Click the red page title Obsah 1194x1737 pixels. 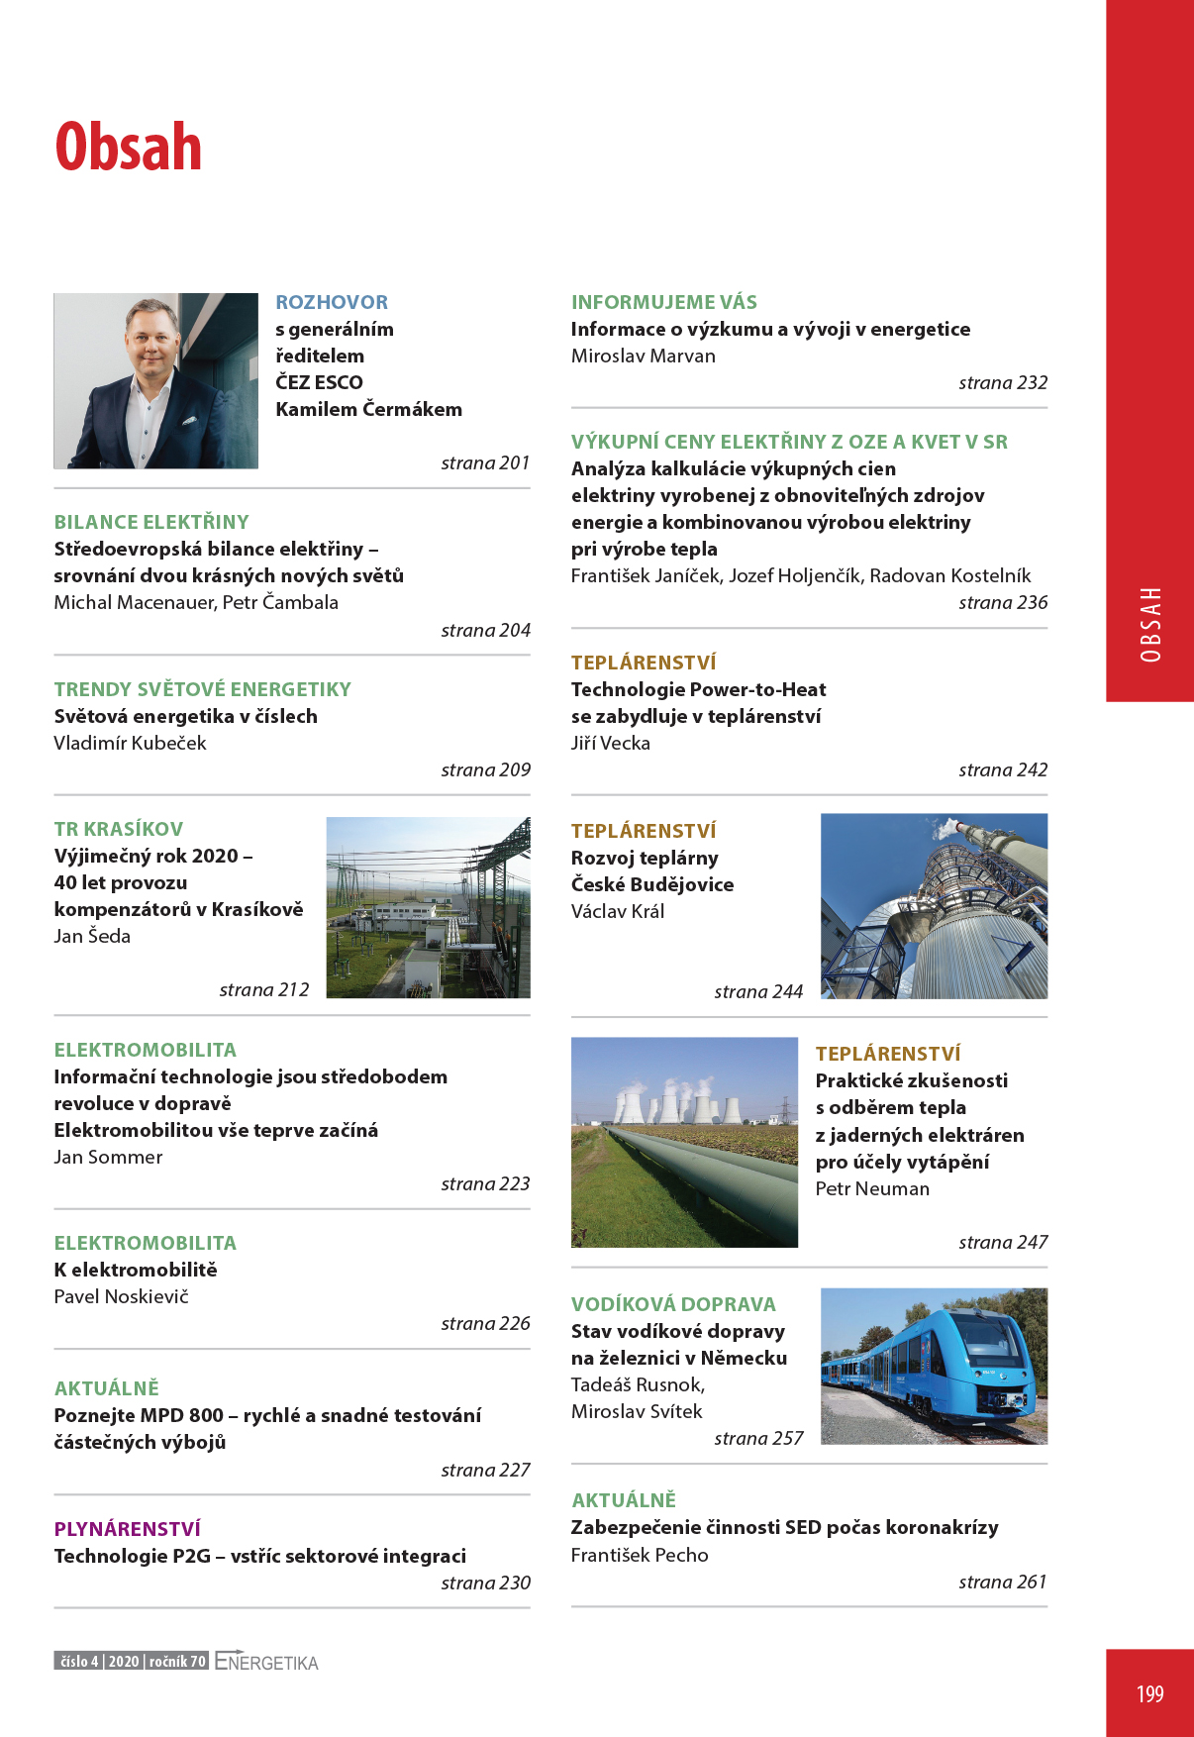click(129, 148)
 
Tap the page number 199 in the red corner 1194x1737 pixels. click(1149, 1693)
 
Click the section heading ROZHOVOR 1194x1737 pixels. click(332, 302)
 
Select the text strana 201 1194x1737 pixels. click(485, 462)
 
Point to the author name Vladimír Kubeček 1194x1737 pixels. click(130, 743)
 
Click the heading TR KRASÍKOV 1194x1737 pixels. click(119, 829)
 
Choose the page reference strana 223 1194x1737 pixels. click(485, 1183)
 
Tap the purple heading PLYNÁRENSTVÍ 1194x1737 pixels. click(128, 1529)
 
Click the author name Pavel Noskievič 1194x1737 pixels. click(121, 1296)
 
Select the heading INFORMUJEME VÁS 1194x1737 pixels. click(664, 302)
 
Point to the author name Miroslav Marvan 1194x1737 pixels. click(644, 356)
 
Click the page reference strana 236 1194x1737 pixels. click(1003, 602)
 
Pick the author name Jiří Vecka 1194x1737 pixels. click(611, 743)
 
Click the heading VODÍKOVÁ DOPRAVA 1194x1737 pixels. click(673, 1304)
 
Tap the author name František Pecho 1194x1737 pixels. click(640, 1555)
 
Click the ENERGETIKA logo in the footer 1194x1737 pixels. click(266, 1662)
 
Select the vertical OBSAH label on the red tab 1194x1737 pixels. click(1150, 624)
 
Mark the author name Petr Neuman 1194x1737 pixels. click(872, 1188)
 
